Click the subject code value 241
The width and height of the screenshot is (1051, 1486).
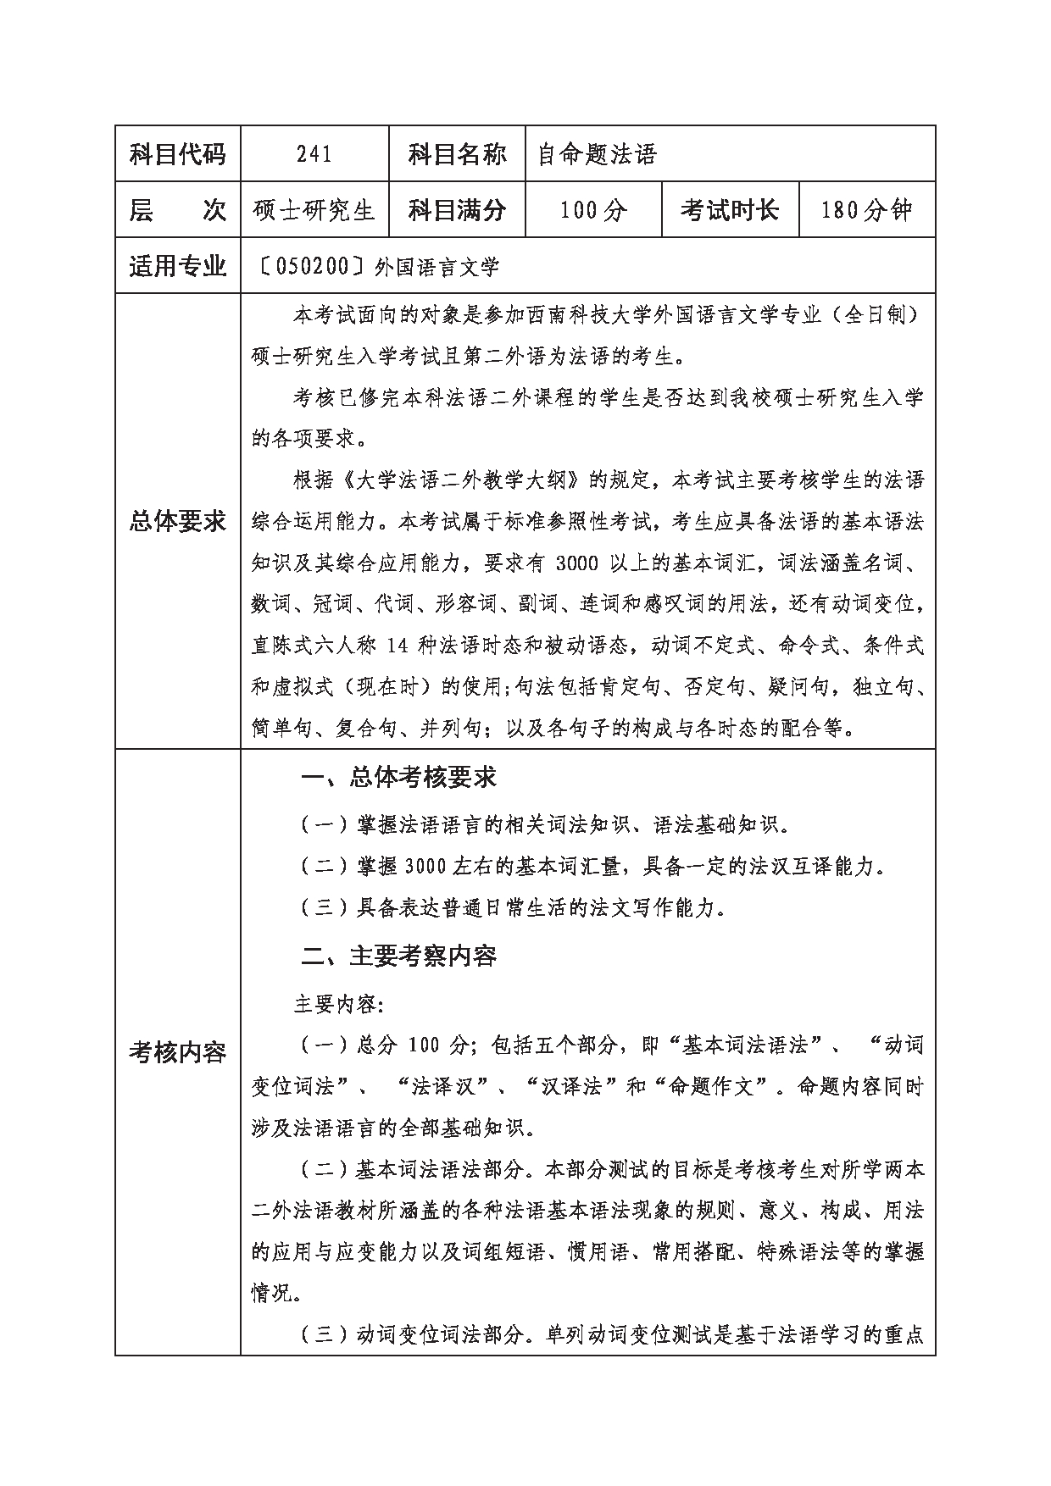pyautogui.click(x=314, y=154)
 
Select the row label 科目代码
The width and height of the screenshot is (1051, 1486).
pyautogui.click(x=178, y=154)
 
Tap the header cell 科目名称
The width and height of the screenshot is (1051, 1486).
pyautogui.click(x=457, y=154)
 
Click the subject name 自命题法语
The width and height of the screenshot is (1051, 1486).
pyautogui.click(x=598, y=154)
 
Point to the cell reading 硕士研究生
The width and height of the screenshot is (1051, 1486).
pyautogui.click(x=314, y=209)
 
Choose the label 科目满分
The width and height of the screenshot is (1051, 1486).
pyautogui.click(x=457, y=209)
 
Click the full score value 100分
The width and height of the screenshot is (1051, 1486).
pyautogui.click(x=593, y=209)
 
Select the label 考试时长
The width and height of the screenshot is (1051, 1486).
pyautogui.click(x=730, y=209)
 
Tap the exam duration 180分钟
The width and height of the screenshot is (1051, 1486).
pyautogui.click(x=866, y=209)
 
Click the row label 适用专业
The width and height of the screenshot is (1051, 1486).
pyautogui.click(x=178, y=266)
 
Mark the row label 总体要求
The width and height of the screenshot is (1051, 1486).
pyautogui.click(x=178, y=522)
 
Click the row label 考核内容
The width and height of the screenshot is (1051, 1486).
pyautogui.click(x=178, y=1052)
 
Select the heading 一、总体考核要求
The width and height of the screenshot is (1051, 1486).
pyautogui.click(x=398, y=778)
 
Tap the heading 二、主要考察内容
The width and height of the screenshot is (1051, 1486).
pyautogui.click(x=398, y=956)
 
